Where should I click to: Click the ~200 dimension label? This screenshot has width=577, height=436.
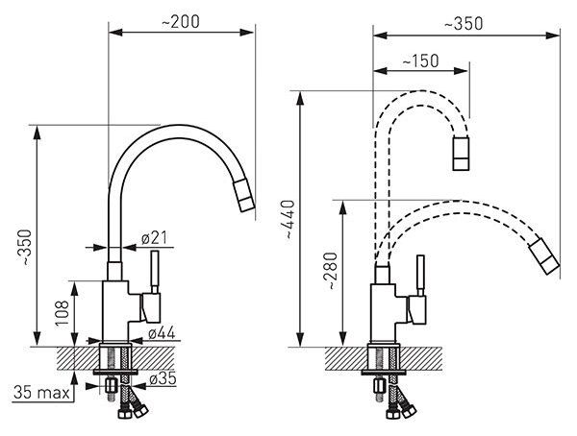pyautogui.click(x=181, y=22)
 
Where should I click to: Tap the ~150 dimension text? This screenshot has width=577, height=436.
pyautogui.click(x=420, y=61)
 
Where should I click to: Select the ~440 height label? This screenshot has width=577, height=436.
pyautogui.click(x=290, y=220)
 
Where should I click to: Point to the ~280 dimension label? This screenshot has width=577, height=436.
pyautogui.click(x=331, y=271)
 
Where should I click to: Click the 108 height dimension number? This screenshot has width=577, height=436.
pyautogui.click(x=63, y=313)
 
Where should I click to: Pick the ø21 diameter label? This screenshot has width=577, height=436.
pyautogui.click(x=154, y=238)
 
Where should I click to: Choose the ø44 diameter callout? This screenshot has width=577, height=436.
pyautogui.click(x=162, y=333)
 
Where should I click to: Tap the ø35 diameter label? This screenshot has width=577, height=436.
pyautogui.click(x=163, y=378)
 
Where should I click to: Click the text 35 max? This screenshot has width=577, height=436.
pyautogui.click(x=41, y=393)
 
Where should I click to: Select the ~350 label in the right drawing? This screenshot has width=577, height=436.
pyautogui.click(x=464, y=24)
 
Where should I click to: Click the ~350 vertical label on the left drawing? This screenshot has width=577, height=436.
pyautogui.click(x=26, y=248)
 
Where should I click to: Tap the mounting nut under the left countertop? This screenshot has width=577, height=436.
pyautogui.click(x=111, y=386)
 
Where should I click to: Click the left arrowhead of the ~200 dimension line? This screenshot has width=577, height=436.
pyautogui.click(x=115, y=33)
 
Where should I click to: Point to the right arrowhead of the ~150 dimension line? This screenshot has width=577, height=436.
pyautogui.click(x=462, y=71)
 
